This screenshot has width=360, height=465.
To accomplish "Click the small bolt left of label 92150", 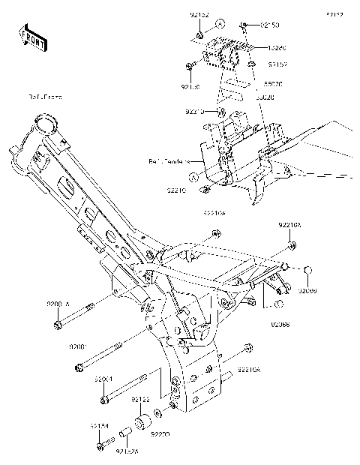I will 246,26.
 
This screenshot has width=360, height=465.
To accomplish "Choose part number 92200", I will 160,434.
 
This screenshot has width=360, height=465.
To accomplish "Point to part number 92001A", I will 79,303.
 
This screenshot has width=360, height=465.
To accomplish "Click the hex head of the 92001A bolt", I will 58,325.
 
